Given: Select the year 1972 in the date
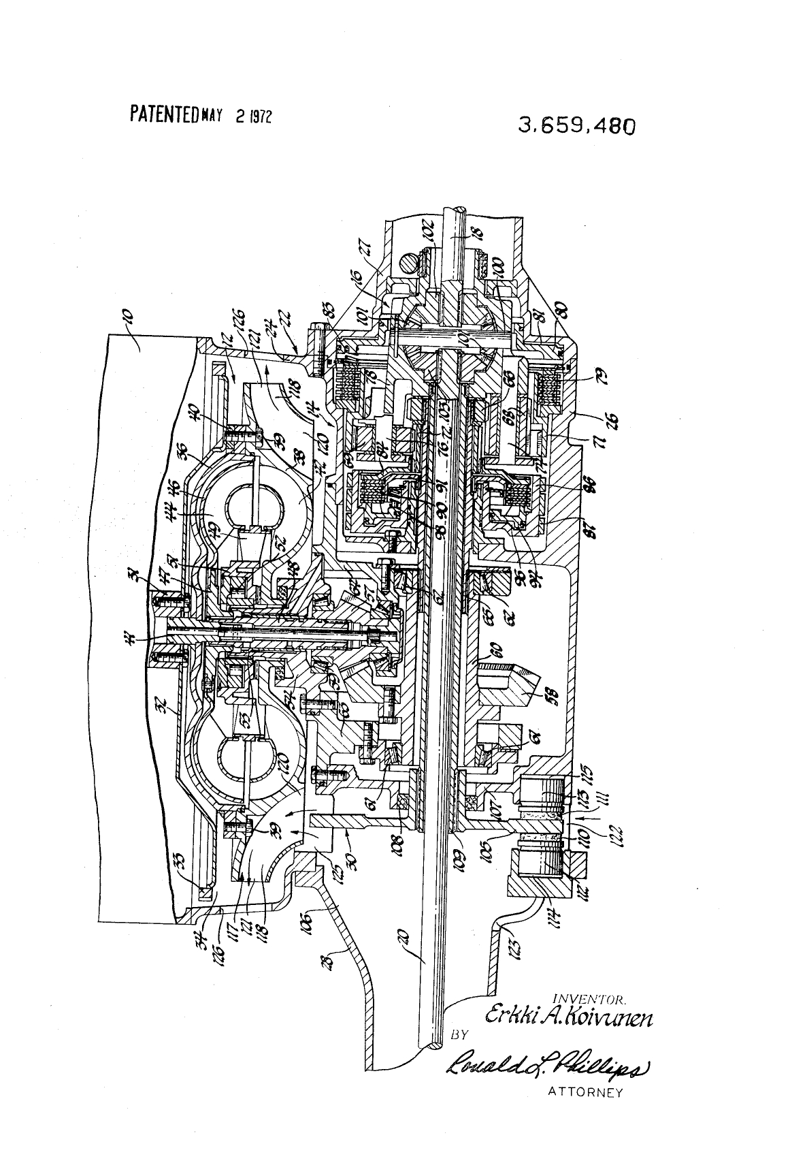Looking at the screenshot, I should tap(259, 116).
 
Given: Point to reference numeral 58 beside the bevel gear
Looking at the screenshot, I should tap(533, 696).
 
